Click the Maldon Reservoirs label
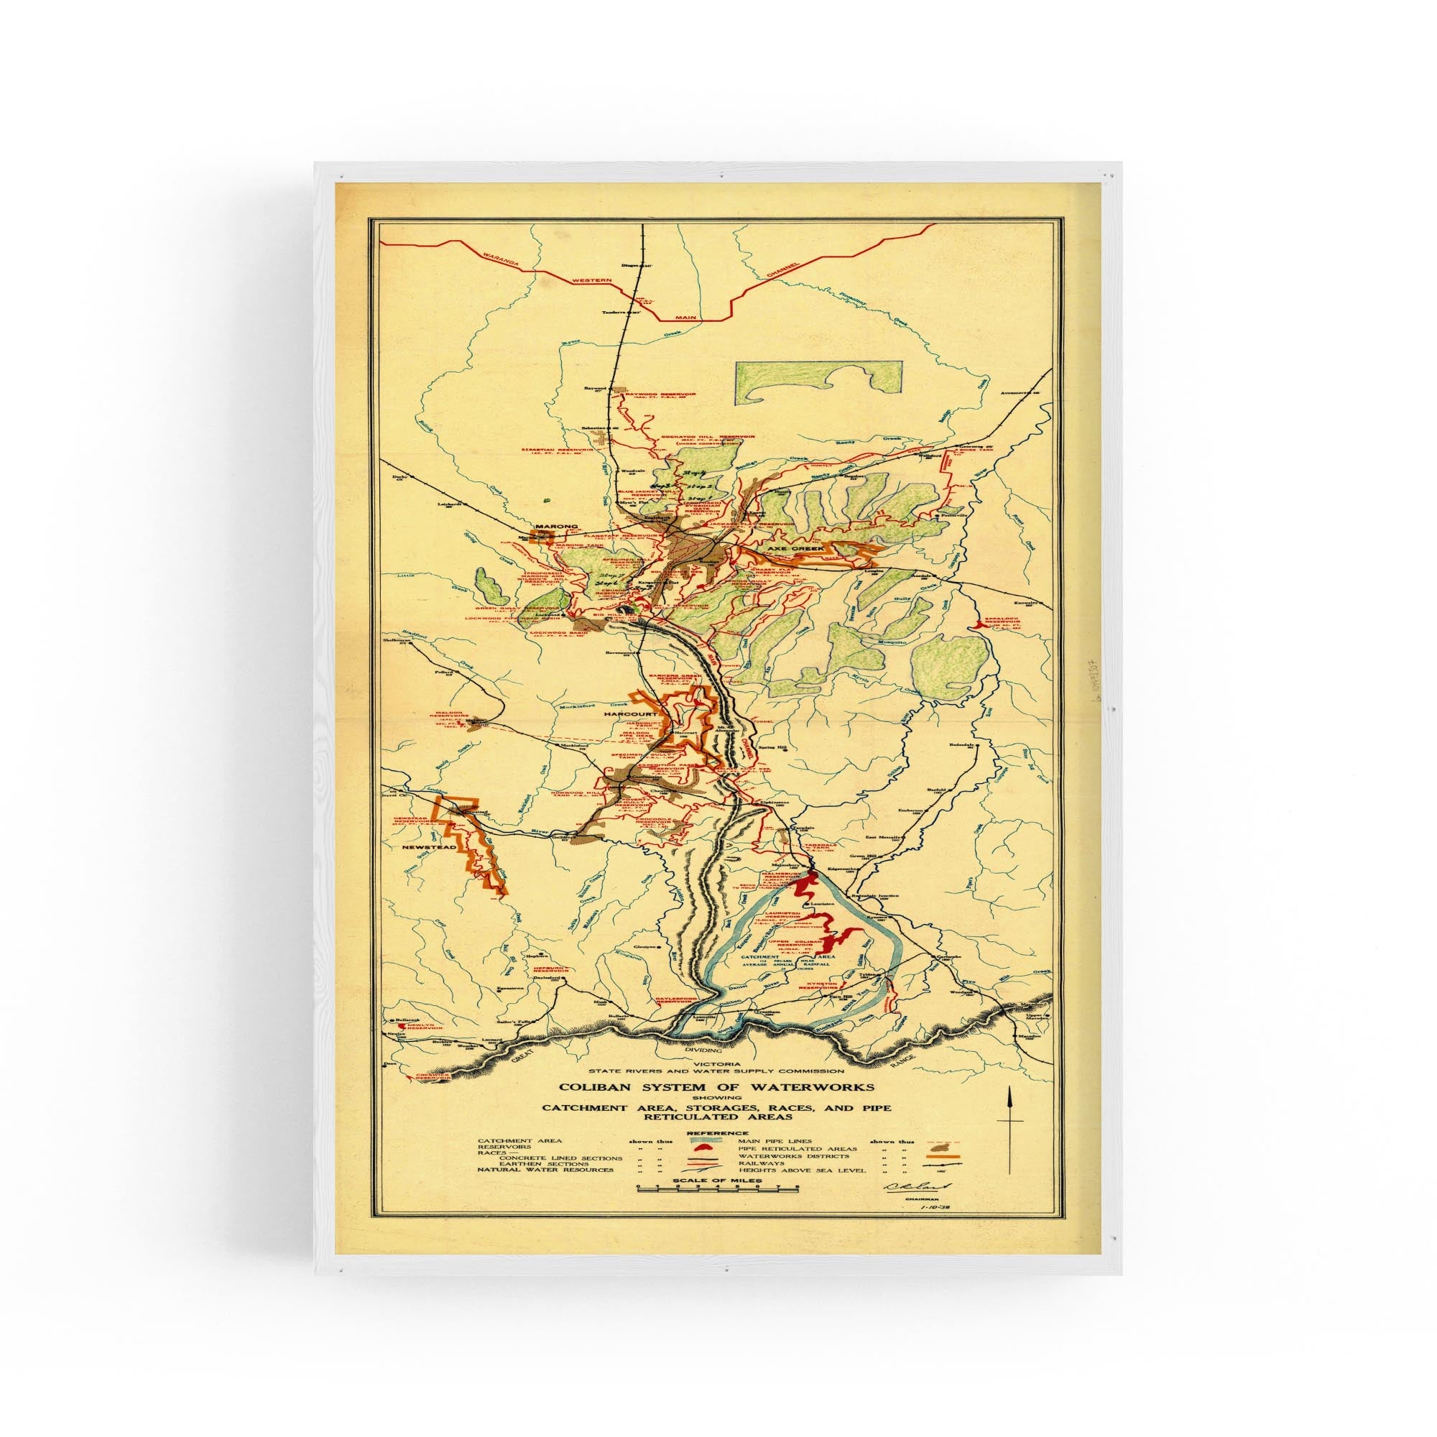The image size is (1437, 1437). coord(448,714)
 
